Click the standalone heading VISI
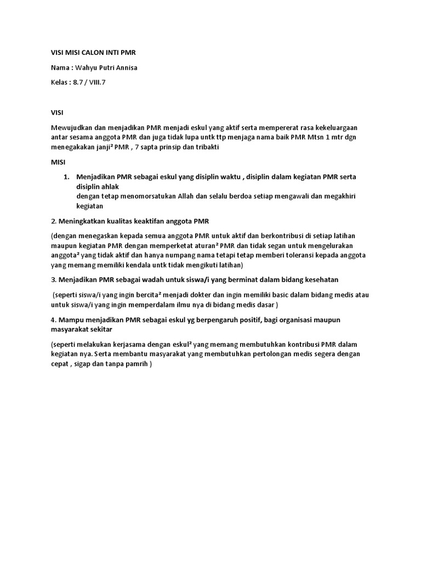(57, 111)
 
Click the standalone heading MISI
(58, 163)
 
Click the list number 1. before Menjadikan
(67, 177)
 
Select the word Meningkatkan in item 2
(82, 221)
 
